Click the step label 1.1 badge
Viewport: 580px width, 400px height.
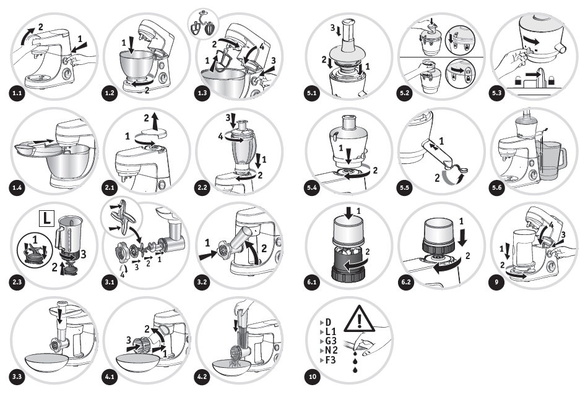pos(17,93)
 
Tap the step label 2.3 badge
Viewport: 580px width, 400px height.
pos(17,283)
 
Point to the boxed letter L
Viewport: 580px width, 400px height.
pos(46,218)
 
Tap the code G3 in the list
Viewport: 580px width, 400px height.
pos(326,341)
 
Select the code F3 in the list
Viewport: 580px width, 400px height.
pos(326,360)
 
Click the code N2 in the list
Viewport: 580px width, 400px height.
pos(326,351)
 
